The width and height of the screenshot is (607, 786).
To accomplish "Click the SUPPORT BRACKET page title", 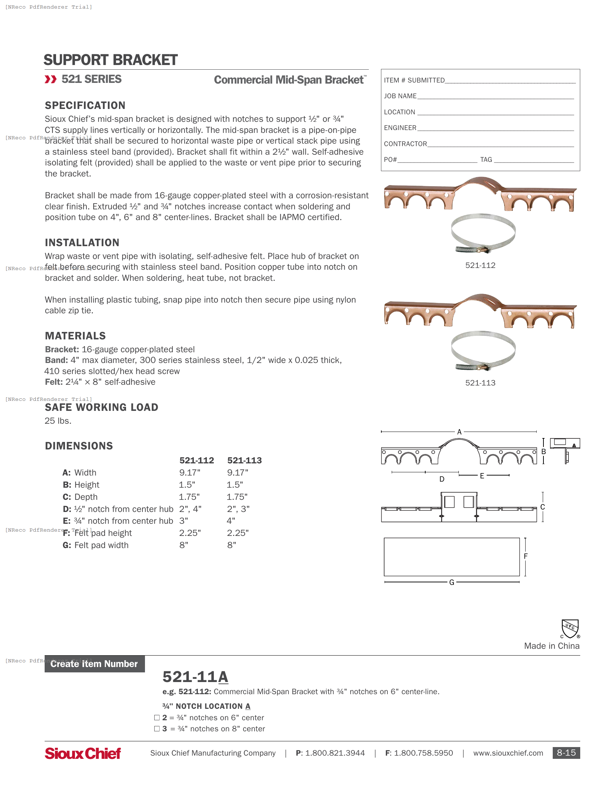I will pos(110,60).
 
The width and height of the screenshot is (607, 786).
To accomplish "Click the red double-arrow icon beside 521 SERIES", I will pos(51,79).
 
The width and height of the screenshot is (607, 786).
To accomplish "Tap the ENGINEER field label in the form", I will pos(400,128).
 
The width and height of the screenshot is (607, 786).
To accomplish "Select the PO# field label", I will pos(390,159).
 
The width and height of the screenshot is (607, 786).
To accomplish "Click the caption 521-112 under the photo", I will pos(480,265).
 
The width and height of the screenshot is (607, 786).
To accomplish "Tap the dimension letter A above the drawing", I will pos(459,432).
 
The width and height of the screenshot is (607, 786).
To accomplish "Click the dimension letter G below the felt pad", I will pos(451,582).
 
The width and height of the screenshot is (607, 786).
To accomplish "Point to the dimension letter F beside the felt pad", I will pos(525,556).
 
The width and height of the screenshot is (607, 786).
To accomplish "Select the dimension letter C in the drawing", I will pos(542,507).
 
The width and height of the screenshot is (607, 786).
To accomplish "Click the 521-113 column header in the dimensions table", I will pos(244,460).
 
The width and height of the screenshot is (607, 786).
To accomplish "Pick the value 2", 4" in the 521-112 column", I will pos(190,509).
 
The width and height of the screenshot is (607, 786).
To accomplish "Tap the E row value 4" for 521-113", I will pos(231,521).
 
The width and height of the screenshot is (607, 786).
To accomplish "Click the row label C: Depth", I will pos(80,497).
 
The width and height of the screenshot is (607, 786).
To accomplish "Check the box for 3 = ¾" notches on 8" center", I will pos(157,728).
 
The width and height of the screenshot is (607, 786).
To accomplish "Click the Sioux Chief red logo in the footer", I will pos(83,753).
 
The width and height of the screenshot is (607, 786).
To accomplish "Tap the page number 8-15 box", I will pos(566,752).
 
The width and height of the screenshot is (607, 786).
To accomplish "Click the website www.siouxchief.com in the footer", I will pos(508,753).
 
